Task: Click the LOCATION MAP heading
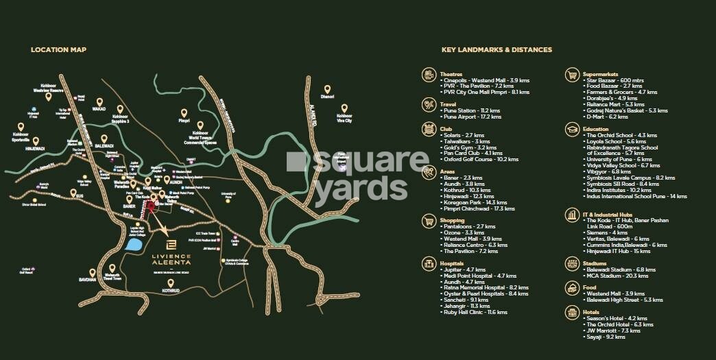pyautogui.click(x=58, y=50)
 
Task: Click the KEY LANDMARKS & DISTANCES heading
pyautogui.click(x=497, y=50)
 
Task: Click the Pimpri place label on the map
pyautogui.click(x=184, y=121)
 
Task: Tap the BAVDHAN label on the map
pyautogui.click(x=88, y=280)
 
